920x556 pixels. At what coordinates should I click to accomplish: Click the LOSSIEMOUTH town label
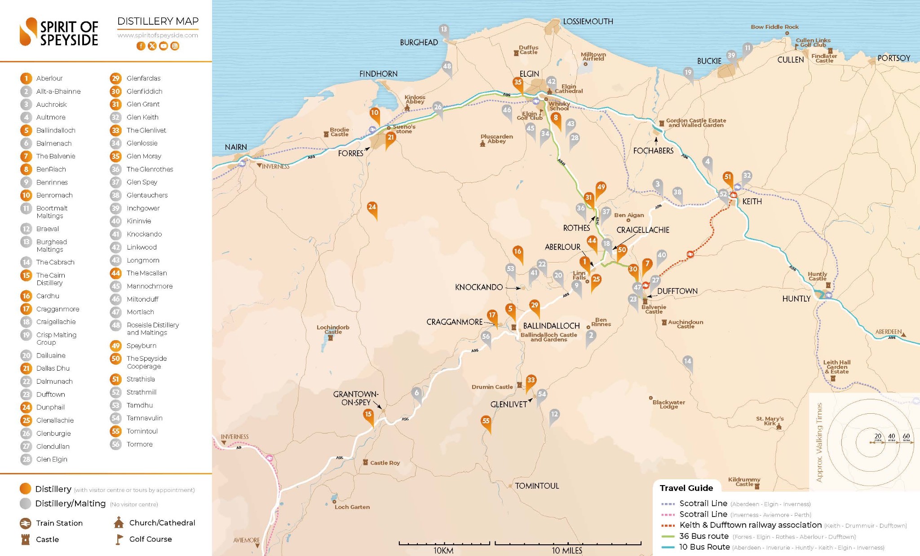click(588, 22)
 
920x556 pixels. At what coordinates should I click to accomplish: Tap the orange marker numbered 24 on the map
click(372, 208)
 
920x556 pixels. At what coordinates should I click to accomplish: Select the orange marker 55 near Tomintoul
click(486, 421)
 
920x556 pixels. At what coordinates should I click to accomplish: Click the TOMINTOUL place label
click(537, 486)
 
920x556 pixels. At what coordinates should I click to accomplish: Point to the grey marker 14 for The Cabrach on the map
click(687, 362)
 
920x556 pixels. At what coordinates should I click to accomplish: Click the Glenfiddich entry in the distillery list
click(144, 91)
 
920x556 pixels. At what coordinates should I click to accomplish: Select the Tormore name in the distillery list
click(139, 444)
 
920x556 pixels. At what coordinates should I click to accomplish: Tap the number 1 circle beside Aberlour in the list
click(26, 79)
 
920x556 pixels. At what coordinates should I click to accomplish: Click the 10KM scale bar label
click(443, 551)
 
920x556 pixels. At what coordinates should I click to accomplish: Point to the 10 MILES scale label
click(567, 551)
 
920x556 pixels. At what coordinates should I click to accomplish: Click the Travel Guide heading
click(686, 488)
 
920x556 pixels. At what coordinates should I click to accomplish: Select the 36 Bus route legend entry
click(703, 536)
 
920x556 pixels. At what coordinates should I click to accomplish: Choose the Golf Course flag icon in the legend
click(119, 539)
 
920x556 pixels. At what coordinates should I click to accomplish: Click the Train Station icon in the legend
click(26, 523)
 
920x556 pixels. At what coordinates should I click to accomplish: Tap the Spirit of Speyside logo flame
click(28, 31)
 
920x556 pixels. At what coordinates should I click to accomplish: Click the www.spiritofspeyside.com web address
click(158, 35)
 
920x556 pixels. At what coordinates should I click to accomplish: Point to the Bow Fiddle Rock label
click(774, 27)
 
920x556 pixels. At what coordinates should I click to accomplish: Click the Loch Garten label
click(352, 507)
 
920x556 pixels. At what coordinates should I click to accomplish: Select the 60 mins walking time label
click(906, 437)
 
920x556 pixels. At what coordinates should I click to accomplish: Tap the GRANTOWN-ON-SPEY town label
click(355, 398)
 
